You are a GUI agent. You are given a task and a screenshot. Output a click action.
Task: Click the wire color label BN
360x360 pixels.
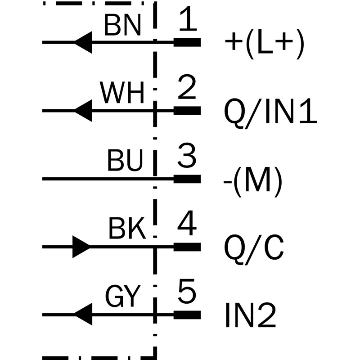point(122,26)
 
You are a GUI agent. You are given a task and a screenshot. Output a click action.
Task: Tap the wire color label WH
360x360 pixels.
point(122,94)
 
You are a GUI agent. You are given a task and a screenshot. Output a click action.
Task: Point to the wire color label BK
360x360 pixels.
point(127,229)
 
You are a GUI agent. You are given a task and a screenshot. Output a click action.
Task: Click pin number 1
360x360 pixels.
point(188,21)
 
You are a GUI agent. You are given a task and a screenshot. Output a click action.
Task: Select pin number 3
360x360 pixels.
point(188,157)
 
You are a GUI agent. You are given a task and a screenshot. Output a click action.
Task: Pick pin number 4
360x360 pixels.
point(188,225)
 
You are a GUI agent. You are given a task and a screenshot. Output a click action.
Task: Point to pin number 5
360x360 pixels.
point(188,293)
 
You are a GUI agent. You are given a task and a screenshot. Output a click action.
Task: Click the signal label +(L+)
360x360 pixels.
point(265,44)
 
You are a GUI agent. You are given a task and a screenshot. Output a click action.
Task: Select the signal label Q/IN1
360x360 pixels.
point(270,112)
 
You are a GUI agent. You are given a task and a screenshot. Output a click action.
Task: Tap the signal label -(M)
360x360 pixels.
point(253,180)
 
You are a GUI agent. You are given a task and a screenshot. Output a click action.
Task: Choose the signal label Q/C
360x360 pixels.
point(254,248)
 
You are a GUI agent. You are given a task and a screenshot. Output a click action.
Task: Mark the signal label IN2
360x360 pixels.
point(250,316)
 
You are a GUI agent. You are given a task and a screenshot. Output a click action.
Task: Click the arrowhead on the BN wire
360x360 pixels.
point(84,43)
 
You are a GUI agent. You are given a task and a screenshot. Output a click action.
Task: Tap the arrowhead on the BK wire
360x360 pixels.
point(81,247)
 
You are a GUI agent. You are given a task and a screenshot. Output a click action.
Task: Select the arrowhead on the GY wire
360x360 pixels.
point(84,314)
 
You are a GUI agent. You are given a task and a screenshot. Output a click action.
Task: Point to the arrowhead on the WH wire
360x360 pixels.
point(84,111)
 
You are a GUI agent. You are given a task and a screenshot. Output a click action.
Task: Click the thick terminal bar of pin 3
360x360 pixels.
point(187,179)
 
